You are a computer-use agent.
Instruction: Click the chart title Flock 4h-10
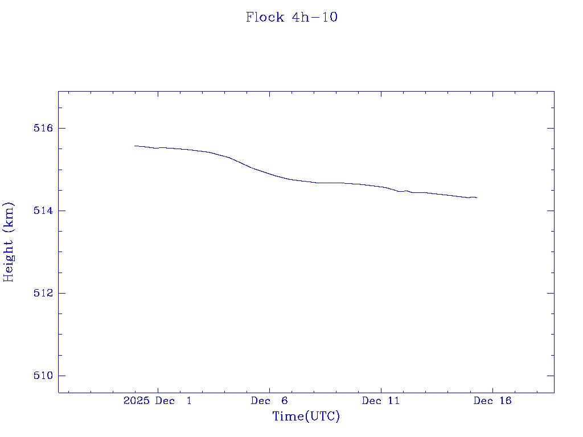point(291,17)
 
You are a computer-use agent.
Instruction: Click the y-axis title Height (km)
point(9,241)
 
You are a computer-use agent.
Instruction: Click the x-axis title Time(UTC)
point(306,417)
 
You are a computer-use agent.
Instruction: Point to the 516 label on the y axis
point(43,128)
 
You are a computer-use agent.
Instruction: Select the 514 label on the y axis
point(43,211)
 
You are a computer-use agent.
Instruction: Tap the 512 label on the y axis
point(43,293)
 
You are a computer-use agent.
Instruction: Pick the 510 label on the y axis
point(43,376)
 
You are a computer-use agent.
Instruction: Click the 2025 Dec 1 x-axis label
point(157,401)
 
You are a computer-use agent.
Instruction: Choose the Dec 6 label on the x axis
point(269,401)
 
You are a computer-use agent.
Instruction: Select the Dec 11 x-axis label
point(381,401)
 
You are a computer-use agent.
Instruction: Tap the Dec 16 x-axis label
point(492,401)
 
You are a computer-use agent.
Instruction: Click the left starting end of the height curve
point(135,146)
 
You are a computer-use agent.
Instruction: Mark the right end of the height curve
point(477,197)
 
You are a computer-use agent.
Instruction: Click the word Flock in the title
point(265,17)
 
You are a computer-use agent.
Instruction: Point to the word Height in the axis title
point(9,258)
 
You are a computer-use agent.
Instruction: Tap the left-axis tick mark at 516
point(61,128)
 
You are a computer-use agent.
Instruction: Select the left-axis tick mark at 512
point(61,293)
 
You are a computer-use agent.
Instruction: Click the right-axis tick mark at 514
point(551,211)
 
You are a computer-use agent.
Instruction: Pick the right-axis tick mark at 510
point(551,376)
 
